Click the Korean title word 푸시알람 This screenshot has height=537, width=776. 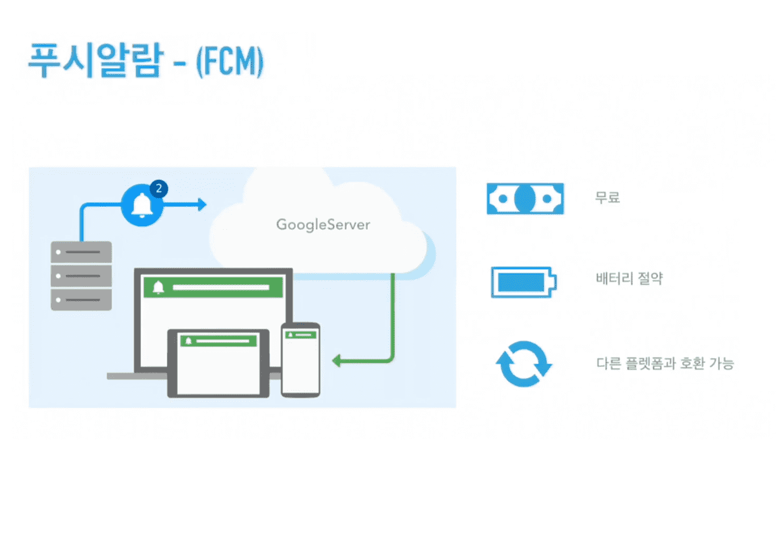(x=96, y=60)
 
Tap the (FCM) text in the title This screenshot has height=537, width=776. (x=230, y=62)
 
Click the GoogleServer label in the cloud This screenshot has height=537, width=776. (x=323, y=225)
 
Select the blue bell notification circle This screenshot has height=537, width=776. (x=142, y=205)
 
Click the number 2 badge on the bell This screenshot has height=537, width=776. (x=159, y=189)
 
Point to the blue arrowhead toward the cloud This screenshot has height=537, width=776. (x=202, y=205)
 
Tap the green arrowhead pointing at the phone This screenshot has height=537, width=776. (x=336, y=361)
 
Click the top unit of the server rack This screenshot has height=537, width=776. (x=82, y=252)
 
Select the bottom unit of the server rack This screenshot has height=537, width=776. (x=82, y=300)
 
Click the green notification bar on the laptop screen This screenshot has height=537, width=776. (x=213, y=287)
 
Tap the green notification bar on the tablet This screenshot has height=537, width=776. (x=218, y=341)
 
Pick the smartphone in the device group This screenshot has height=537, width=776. (x=301, y=360)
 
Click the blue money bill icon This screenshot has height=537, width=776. (x=525, y=198)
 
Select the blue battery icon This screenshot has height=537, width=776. (x=524, y=282)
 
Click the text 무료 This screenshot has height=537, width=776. (x=607, y=198)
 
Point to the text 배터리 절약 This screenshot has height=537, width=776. (x=629, y=278)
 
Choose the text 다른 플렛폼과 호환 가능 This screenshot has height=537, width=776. (x=665, y=363)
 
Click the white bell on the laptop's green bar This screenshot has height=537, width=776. (x=158, y=288)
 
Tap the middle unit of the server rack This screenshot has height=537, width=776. (x=82, y=276)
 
